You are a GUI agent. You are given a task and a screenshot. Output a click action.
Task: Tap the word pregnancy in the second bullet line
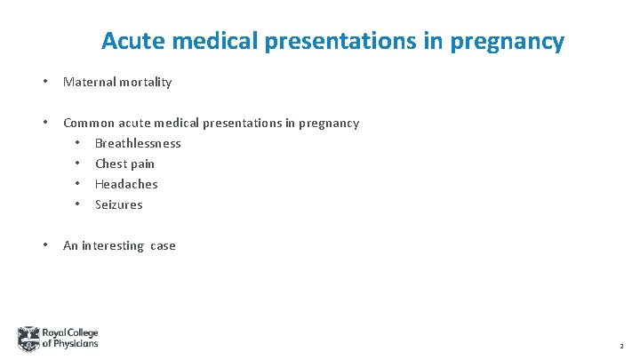326,124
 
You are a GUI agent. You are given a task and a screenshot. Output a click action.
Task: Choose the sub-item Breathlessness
138,143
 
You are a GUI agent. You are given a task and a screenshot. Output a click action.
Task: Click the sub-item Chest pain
124,164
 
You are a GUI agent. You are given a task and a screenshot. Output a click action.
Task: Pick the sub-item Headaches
126,184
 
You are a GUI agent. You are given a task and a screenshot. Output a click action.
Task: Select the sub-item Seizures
118,204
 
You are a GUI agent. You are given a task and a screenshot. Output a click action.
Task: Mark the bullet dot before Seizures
77,204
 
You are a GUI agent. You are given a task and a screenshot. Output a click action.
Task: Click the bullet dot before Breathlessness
77,143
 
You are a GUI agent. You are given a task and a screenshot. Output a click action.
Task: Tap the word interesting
113,245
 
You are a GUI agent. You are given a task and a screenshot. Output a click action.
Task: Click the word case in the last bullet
163,245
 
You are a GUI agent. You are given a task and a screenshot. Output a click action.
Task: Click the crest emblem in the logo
28,339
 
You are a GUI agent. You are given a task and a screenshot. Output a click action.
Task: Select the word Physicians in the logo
76,344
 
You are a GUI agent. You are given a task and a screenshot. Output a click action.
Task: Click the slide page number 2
620,346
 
